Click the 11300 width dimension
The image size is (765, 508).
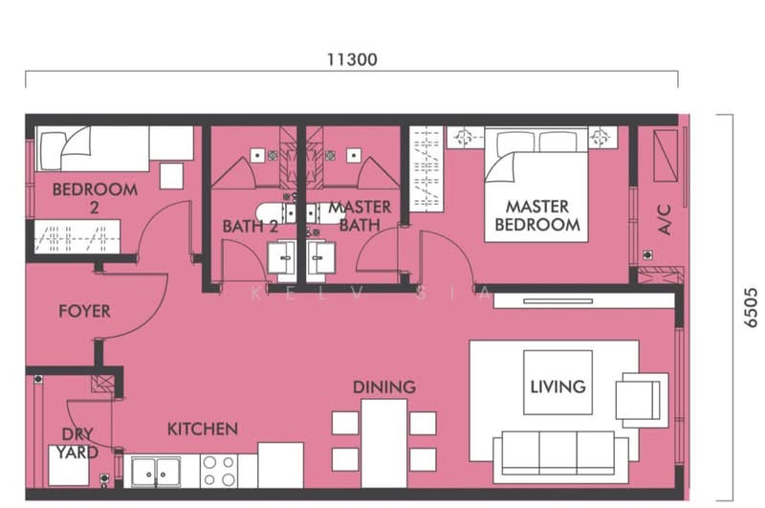click(x=351, y=59)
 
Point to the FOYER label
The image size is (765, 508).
click(x=84, y=311)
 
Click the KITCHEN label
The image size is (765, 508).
click(x=203, y=430)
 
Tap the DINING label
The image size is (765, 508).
click(x=384, y=387)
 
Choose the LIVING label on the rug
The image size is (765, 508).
click(x=557, y=387)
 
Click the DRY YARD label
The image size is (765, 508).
click(x=76, y=443)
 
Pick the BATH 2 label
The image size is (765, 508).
click(x=250, y=227)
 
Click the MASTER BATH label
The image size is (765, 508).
click(x=359, y=216)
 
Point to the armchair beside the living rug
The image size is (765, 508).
click(x=639, y=396)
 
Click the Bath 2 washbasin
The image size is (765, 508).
click(x=282, y=256)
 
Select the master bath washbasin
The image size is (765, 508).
click(x=321, y=256)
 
